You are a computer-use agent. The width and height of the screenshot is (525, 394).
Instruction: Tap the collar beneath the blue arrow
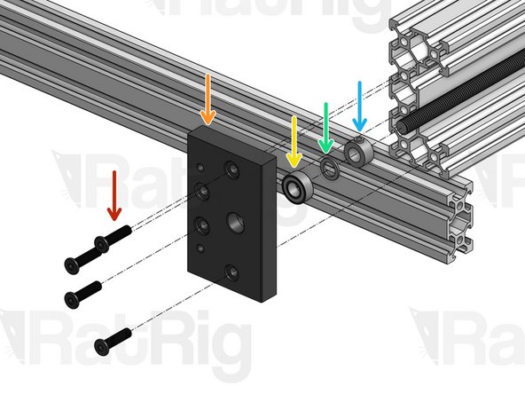click(x=359, y=153)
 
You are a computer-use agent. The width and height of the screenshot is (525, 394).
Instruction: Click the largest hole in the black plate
click(x=237, y=218)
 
